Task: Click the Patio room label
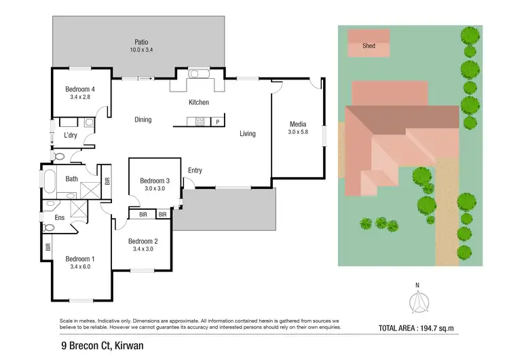pyautogui.click(x=142, y=41)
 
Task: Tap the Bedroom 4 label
pyautogui.click(x=80, y=89)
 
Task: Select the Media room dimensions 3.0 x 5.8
pyautogui.click(x=298, y=132)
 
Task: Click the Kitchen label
pyautogui.click(x=198, y=103)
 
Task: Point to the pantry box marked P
pyautogui.click(x=218, y=122)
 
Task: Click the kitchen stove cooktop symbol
pyautogui.click(x=200, y=122)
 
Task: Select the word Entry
pyautogui.click(x=195, y=170)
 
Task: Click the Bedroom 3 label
pyautogui.click(x=155, y=181)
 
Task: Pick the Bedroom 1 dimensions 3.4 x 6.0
pyautogui.click(x=80, y=267)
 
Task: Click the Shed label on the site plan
pyautogui.click(x=369, y=46)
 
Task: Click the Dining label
pyautogui.click(x=143, y=120)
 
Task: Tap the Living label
pyautogui.click(x=248, y=134)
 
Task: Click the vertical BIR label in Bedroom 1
pyautogui.click(x=48, y=247)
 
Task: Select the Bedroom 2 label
pyautogui.click(x=143, y=241)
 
